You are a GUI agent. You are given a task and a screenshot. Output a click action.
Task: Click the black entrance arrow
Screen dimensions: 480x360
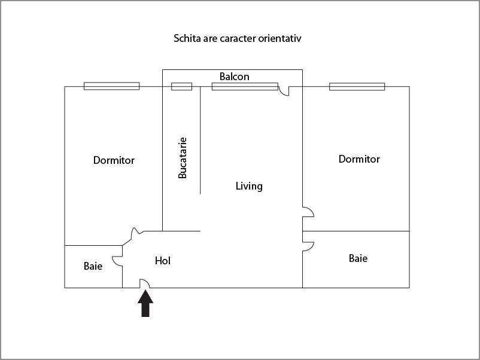pyautogui.click(x=145, y=304)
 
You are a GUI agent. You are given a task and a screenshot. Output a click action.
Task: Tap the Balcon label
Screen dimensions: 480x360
pyautogui.click(x=234, y=77)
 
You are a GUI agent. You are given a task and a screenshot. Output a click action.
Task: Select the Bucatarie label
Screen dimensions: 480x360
pyautogui.click(x=183, y=158)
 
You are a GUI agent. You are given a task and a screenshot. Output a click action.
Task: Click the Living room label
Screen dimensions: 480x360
pyautogui.click(x=249, y=186)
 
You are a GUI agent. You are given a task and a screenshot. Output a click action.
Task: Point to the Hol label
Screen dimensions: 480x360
pyautogui.click(x=163, y=261)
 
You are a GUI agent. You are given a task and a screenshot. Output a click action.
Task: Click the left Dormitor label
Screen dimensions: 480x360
pyautogui.click(x=114, y=160)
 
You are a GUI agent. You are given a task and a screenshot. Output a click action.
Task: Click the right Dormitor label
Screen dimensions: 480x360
pyautogui.click(x=359, y=159)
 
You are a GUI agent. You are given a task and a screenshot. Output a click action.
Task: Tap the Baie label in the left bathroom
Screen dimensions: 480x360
pyautogui.click(x=93, y=266)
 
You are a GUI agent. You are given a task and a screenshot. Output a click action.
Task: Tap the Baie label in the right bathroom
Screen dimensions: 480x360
pyautogui.click(x=358, y=258)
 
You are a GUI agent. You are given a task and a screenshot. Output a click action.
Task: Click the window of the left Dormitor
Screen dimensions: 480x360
pyautogui.click(x=111, y=86)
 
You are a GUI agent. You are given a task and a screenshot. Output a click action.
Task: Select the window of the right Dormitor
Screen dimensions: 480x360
pyautogui.click(x=357, y=87)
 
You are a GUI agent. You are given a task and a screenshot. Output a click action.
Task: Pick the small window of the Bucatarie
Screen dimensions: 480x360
pyautogui.click(x=181, y=87)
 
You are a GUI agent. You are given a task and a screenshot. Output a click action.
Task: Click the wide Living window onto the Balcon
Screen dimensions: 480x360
pyautogui.click(x=245, y=87)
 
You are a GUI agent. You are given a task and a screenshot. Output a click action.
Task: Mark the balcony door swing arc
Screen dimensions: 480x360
pyautogui.click(x=284, y=91)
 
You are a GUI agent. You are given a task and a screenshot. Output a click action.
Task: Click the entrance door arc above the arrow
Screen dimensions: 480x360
pyautogui.click(x=144, y=283)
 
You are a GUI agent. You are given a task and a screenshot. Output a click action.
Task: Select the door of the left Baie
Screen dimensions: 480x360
pyautogui.click(x=119, y=258)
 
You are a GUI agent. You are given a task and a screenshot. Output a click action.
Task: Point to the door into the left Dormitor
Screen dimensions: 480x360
pyautogui.click(x=136, y=231)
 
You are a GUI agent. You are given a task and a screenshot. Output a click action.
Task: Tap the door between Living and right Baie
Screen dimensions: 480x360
pyautogui.click(x=308, y=245)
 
